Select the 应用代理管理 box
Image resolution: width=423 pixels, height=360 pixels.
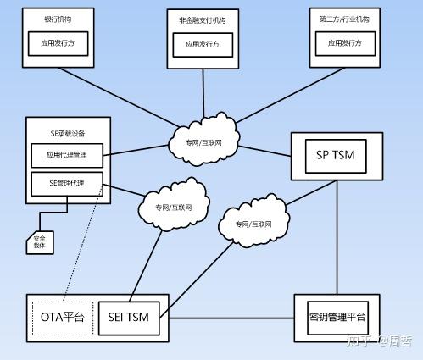pos(67,155)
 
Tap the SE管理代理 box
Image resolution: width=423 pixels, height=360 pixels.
pos(67,182)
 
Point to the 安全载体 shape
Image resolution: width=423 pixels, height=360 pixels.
pos(40,242)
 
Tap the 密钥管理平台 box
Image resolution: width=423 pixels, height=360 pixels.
pos(337,318)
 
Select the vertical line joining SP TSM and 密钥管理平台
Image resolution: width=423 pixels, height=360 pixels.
pos(337,237)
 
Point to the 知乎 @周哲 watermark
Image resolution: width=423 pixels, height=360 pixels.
pos(378,343)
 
